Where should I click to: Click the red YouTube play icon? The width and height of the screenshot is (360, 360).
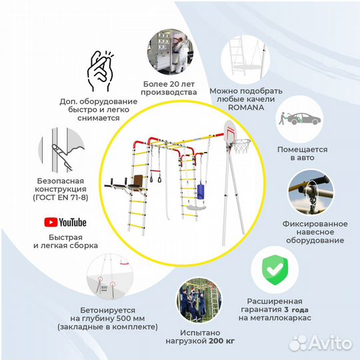point(51,222)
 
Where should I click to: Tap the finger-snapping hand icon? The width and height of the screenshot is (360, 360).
point(100,71)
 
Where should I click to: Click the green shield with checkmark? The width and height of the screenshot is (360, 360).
point(275,270)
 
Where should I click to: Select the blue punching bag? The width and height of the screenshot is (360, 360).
point(201,191)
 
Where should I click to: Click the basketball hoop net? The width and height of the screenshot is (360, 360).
point(241,147)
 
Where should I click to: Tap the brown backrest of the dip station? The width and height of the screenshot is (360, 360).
point(137,181)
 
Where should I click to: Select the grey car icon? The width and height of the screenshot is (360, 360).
point(304,119)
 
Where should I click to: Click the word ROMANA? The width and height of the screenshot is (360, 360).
point(246,107)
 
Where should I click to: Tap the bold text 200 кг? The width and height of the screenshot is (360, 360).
point(222,341)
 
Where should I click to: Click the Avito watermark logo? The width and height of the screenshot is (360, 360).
point(320,343)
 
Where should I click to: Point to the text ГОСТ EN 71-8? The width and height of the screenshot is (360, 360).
point(61,197)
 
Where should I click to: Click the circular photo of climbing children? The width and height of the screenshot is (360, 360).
point(199,299)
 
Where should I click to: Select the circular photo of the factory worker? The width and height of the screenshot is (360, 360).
point(171,51)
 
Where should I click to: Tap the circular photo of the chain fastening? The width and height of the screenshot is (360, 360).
point(311,193)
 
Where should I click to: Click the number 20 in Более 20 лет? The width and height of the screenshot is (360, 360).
point(169,84)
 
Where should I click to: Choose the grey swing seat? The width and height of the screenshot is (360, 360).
point(196,207)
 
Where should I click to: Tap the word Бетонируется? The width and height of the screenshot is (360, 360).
point(108,310)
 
